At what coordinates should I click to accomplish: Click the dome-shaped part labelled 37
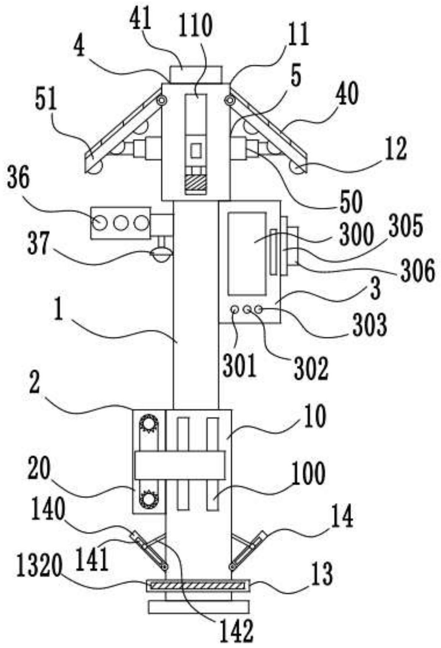coord(161,255)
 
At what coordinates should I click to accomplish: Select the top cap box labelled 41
coord(196,74)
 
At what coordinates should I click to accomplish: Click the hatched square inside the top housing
coord(196,182)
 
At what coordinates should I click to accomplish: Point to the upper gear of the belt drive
coord(149,424)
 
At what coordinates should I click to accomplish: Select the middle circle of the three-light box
coord(120,223)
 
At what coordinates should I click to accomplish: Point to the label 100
coord(309,474)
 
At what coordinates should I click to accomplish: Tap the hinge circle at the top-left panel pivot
coord(161,100)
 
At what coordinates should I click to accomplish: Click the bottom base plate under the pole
coord(198,607)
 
